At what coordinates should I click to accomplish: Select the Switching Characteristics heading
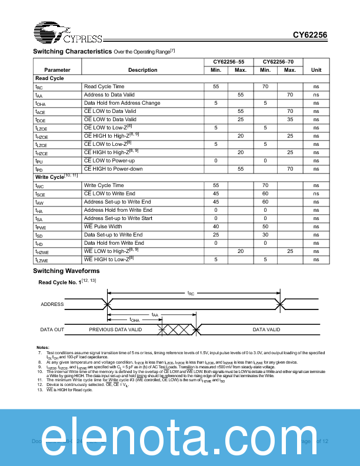[x=72, y=52]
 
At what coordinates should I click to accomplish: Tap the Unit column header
[x=316, y=70]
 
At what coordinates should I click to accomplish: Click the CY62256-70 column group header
[x=278, y=62]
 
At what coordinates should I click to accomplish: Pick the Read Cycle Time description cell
[x=104, y=86]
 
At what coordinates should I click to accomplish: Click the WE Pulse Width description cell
[x=103, y=227]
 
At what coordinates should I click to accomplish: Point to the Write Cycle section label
[x=56, y=177]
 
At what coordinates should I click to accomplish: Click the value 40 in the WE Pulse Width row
[x=216, y=227]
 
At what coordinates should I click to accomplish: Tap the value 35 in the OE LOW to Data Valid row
[x=289, y=119]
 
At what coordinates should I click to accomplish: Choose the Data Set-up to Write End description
[x=113, y=235]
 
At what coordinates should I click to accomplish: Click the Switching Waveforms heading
[x=66, y=271]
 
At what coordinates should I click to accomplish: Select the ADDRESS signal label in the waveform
[x=52, y=305]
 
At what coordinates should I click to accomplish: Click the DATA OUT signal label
[x=52, y=330]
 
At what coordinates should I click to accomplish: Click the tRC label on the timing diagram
[x=190, y=292]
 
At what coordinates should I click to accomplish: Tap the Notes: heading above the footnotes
[x=42, y=347]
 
